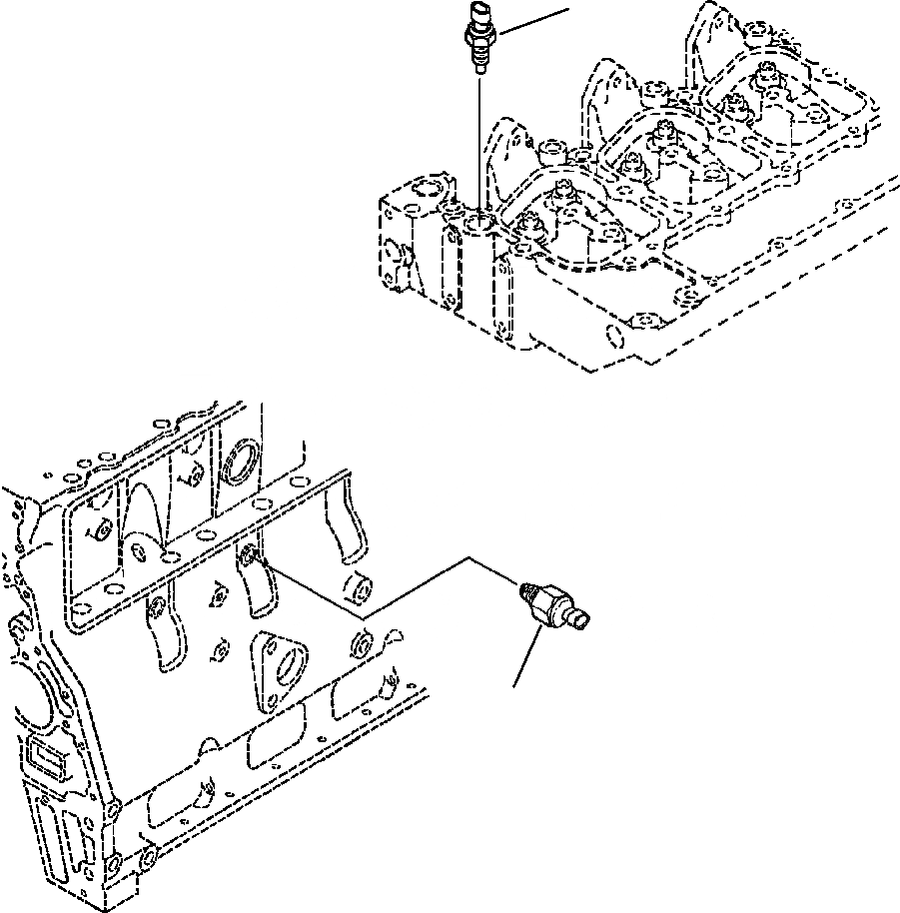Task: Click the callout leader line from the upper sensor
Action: pos(534,23)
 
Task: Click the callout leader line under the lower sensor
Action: pos(528,660)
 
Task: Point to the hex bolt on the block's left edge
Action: pos(17,628)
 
